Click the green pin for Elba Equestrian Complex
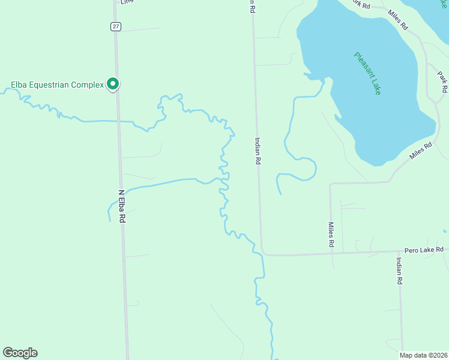pyautogui.click(x=112, y=84)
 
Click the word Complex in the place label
pyautogui.click(x=88, y=85)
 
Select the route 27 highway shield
pyautogui.click(x=115, y=26)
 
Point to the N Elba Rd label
pyautogui.click(x=121, y=207)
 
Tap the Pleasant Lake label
pyautogui.click(x=367, y=73)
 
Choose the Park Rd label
pyautogui.click(x=442, y=82)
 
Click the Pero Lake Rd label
pyautogui.click(x=424, y=250)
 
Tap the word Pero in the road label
pyautogui.click(x=411, y=250)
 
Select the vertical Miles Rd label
pyautogui.click(x=331, y=235)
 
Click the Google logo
pyautogui.click(x=20, y=353)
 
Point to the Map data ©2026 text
pyautogui.click(x=423, y=355)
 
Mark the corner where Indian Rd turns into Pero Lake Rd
pyautogui.click(x=263, y=253)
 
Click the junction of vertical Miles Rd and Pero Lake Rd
pyautogui.click(x=333, y=253)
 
